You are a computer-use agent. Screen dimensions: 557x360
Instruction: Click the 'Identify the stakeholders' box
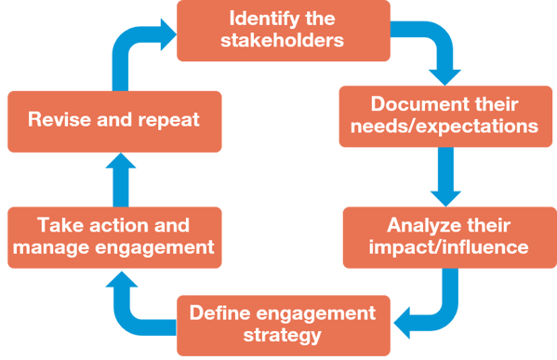[x=284, y=31]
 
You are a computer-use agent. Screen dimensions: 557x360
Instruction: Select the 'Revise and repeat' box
[x=114, y=122]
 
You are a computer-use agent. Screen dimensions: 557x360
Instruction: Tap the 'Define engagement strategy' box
[x=284, y=326]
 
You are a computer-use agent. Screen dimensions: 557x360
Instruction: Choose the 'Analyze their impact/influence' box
[x=450, y=237]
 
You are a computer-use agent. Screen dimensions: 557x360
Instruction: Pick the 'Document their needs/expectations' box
[x=445, y=116]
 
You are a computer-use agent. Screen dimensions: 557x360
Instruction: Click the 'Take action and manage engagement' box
[x=114, y=237]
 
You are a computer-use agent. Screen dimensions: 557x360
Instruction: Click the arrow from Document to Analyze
[x=445, y=177]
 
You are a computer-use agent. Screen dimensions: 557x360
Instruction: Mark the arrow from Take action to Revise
[x=121, y=180]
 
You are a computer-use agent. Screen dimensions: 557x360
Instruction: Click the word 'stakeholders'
[x=282, y=40]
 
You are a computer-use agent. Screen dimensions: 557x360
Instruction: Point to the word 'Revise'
[x=60, y=119]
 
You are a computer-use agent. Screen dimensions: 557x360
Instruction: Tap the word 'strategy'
[x=282, y=336]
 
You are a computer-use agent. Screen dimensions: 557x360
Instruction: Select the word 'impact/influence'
[x=448, y=247]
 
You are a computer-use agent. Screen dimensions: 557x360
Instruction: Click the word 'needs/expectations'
[x=444, y=127]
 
